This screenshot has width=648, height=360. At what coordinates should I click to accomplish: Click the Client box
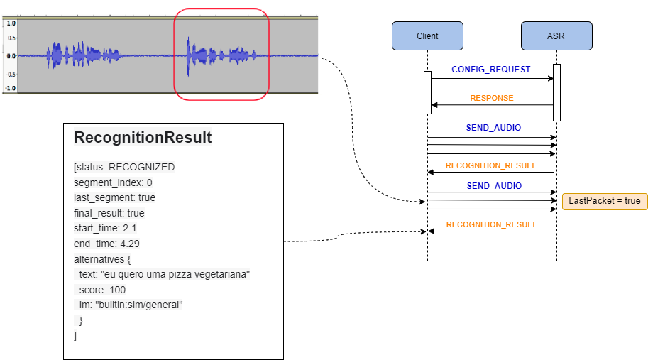tap(427, 36)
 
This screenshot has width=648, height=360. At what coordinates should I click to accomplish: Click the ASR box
tap(556, 36)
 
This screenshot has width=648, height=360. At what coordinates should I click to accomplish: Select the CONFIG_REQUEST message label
tap(490, 70)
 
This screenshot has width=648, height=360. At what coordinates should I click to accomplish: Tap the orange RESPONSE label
tap(491, 98)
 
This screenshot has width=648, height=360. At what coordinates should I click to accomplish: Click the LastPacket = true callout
tap(604, 201)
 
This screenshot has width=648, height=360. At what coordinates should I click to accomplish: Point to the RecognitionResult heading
tap(143, 138)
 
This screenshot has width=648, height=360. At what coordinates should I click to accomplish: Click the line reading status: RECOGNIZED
tap(124, 167)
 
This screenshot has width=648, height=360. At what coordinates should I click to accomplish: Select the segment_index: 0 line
tap(113, 182)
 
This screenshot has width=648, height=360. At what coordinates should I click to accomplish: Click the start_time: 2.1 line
tap(105, 228)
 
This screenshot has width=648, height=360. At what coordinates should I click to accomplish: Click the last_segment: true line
tap(114, 197)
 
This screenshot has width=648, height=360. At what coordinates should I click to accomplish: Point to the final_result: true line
tap(109, 213)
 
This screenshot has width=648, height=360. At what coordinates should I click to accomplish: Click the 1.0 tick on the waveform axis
tap(11, 23)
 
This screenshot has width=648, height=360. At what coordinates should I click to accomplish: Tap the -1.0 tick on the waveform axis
tap(10, 88)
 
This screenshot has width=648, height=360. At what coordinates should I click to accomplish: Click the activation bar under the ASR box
tap(556, 92)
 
